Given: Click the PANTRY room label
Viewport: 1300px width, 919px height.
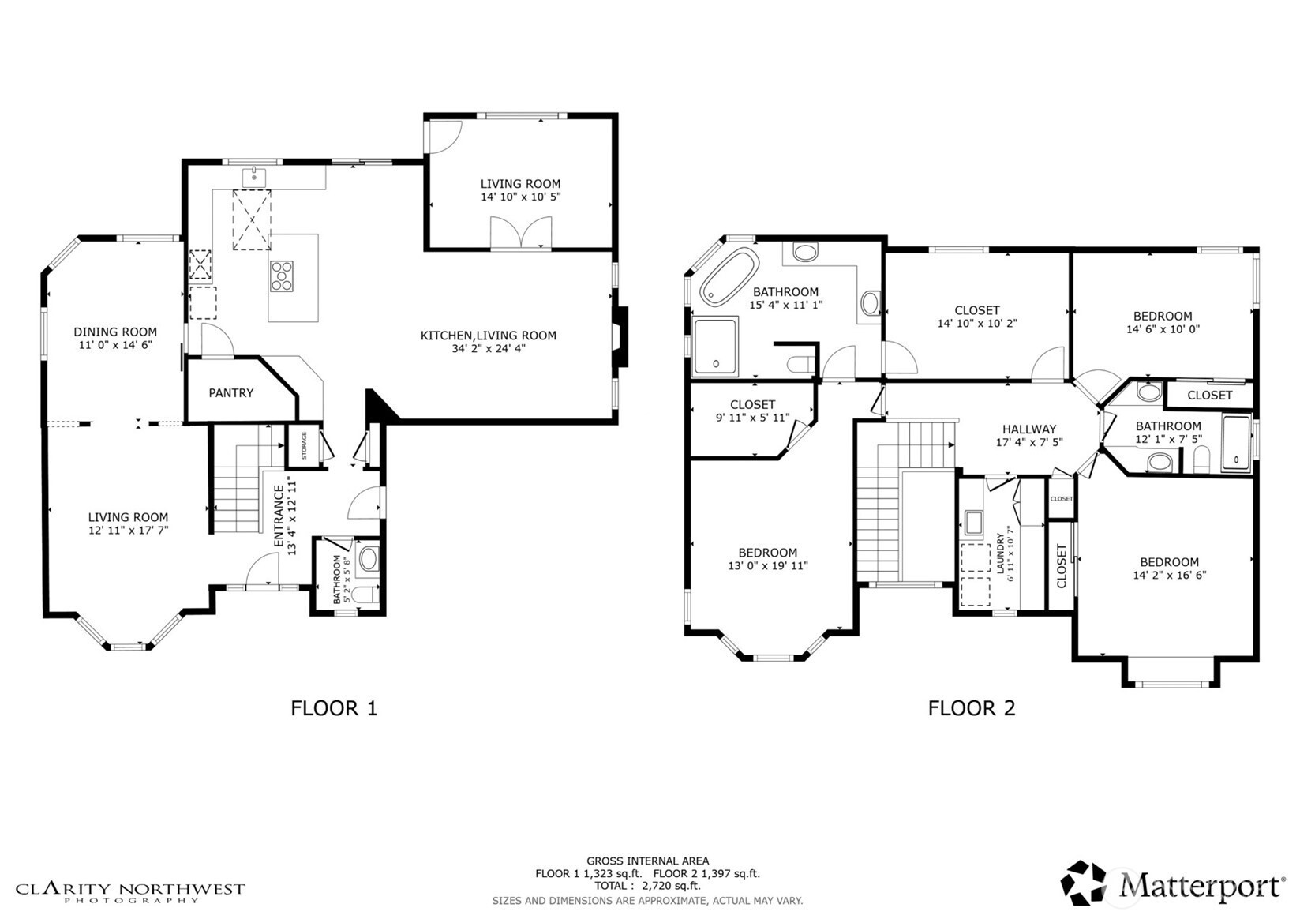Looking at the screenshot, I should [x=230, y=393].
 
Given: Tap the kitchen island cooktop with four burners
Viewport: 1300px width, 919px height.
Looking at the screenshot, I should [x=282, y=276].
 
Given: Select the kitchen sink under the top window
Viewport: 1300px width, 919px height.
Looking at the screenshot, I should [x=254, y=177].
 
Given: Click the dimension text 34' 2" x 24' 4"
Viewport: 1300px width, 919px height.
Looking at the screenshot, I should [x=488, y=348].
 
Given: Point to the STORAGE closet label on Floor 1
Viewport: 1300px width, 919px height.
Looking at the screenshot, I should [x=305, y=446].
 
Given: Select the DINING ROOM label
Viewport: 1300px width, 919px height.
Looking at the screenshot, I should [x=115, y=332].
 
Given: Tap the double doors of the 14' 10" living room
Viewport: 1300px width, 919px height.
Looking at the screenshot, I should [x=521, y=234].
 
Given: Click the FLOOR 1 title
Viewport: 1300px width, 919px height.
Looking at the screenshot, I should [x=334, y=708].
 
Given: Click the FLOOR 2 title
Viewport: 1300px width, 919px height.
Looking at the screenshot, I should [x=971, y=708].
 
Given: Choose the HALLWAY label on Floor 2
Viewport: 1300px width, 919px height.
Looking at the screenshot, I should [x=1029, y=429].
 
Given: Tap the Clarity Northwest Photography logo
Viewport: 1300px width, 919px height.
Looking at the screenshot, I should [x=130, y=892].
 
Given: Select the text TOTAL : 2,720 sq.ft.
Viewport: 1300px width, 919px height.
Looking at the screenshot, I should [x=647, y=886].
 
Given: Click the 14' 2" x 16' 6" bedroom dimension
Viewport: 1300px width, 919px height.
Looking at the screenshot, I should [x=1169, y=576].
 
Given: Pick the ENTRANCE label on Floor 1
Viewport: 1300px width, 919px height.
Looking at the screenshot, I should [x=279, y=516].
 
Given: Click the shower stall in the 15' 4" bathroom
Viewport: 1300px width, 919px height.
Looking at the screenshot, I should [x=715, y=346].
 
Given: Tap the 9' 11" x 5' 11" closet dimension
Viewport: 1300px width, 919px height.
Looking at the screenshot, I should [x=752, y=418].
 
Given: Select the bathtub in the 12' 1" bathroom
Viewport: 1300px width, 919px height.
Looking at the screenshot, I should [x=1236, y=444].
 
